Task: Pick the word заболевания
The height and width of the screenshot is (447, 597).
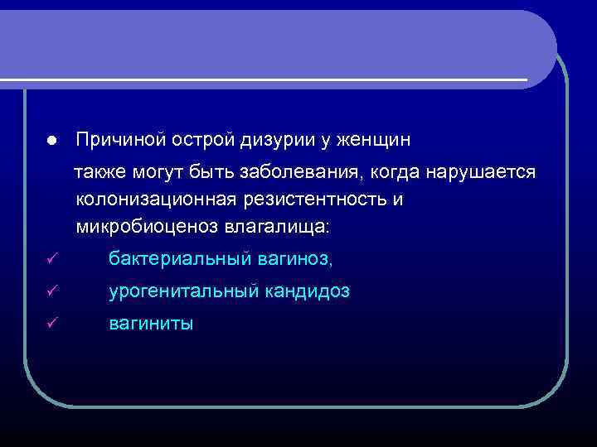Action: point(296,174)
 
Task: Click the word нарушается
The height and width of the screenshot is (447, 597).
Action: point(480,174)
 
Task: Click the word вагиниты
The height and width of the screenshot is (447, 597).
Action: point(151,324)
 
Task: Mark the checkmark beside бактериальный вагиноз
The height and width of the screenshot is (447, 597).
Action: point(51,261)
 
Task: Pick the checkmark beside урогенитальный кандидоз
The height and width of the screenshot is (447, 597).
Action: point(51,292)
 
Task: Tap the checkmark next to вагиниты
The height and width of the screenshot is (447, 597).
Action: point(51,324)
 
